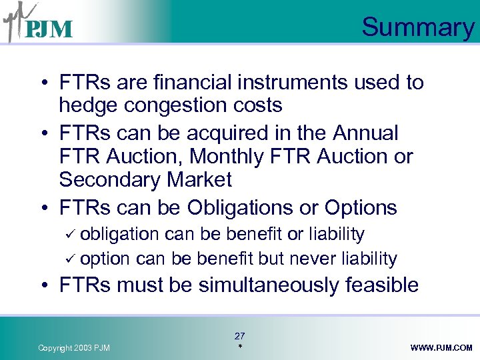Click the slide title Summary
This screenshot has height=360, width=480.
click(417, 27)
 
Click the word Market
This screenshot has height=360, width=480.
click(201, 180)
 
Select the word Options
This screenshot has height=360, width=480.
click(361, 207)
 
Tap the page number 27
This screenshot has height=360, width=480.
click(239, 336)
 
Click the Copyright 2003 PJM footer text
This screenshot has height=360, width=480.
click(74, 348)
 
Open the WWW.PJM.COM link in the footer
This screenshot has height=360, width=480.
click(441, 348)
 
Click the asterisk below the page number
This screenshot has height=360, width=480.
click(239, 347)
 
